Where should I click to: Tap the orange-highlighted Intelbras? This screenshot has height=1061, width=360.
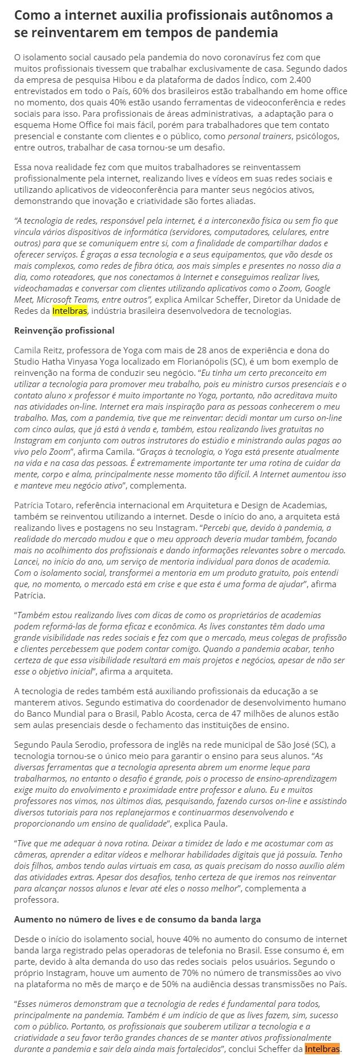322,1049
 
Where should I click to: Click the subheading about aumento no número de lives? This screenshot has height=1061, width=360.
137,919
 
